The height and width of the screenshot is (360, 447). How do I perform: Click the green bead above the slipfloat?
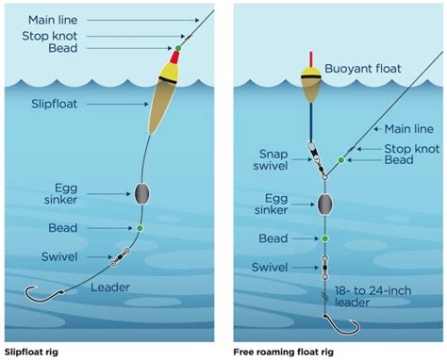pyautogui.click(x=177, y=47)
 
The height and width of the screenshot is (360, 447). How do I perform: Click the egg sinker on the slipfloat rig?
pyautogui.click(x=142, y=193)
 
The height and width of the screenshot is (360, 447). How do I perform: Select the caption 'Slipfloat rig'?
pyautogui.click(x=39, y=349)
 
